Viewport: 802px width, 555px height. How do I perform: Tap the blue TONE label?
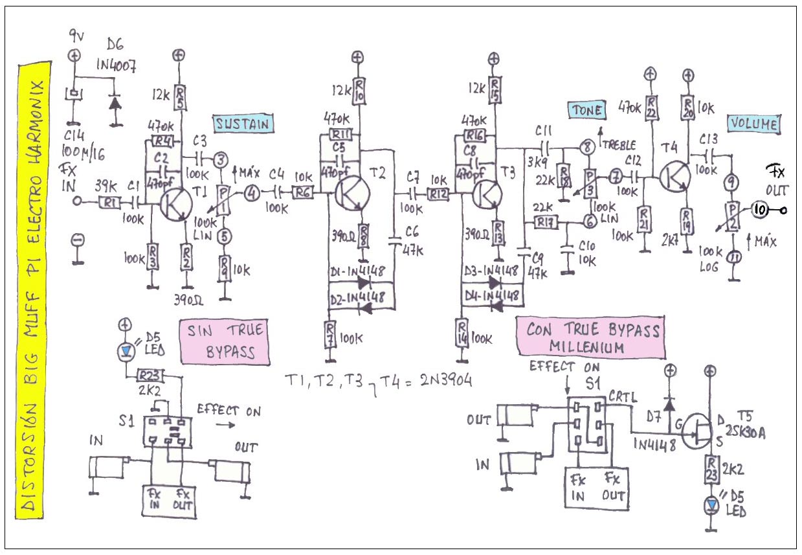tap(586, 111)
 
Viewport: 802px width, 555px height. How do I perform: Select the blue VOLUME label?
tap(753, 124)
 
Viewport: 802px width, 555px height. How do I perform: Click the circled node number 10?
tap(759, 209)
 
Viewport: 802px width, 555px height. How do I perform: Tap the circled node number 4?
tap(251, 192)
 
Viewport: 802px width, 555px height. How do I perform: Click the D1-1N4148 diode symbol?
tap(363, 282)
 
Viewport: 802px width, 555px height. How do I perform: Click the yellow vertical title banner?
tap(30, 291)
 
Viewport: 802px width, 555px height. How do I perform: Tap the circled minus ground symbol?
tap(78, 241)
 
